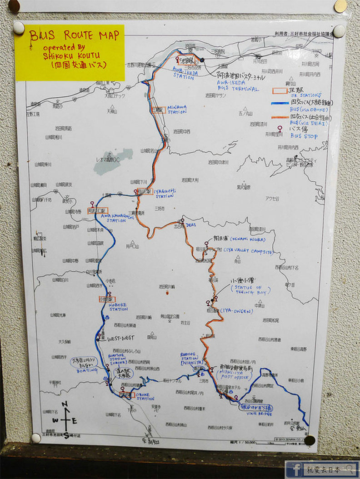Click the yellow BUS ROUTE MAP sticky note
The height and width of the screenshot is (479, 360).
[x=70, y=52]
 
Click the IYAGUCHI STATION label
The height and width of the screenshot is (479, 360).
[x=165, y=194]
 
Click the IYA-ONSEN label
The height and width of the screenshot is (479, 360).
[x=237, y=311]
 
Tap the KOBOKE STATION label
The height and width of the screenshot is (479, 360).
[x=118, y=307]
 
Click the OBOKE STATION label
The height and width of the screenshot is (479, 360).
[x=145, y=396]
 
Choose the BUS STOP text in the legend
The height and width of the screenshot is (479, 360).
[x=304, y=136]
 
